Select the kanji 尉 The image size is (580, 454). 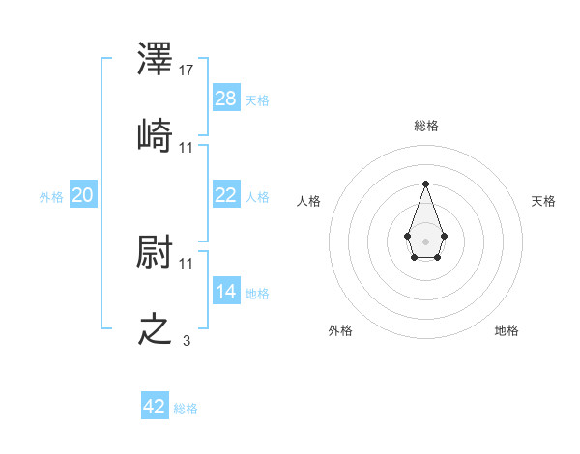[x=156, y=252]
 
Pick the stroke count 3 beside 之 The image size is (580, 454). [x=187, y=340]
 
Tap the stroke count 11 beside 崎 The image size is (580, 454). [x=187, y=147]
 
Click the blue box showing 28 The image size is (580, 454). [x=226, y=99]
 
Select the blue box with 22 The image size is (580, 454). [x=226, y=195]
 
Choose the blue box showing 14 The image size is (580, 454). [x=226, y=292]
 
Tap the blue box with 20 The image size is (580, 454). [x=83, y=195]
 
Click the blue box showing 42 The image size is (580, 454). [x=155, y=407]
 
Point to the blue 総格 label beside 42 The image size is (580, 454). [x=186, y=409]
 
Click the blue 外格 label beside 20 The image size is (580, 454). [x=51, y=197]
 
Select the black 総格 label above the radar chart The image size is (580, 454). [x=426, y=126]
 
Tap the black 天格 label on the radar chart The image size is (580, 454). [x=543, y=201]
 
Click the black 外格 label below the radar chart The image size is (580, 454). [x=340, y=330]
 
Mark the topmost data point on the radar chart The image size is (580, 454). [x=425, y=184]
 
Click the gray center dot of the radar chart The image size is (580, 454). [x=425, y=240]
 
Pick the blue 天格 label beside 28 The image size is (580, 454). [x=257, y=100]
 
